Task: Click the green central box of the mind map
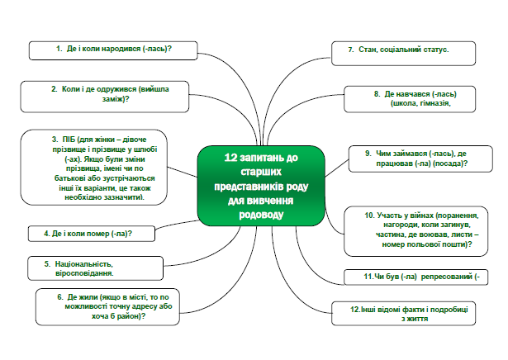pyautogui.click(x=261, y=186)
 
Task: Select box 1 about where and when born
pyautogui.click(x=113, y=50)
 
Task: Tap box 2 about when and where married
pyautogui.click(x=105, y=97)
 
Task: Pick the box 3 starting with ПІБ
pyautogui.click(x=94, y=168)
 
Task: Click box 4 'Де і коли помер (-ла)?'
pyautogui.click(x=92, y=234)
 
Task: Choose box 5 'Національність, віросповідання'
pyautogui.click(x=95, y=268)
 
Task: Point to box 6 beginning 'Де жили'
pyautogui.click(x=107, y=306)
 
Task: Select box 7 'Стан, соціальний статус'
pyautogui.click(x=403, y=54)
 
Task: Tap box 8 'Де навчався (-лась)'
pyautogui.click(x=410, y=99)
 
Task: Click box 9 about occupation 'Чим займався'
pyautogui.click(x=420, y=159)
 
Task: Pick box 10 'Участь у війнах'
pyautogui.click(x=416, y=231)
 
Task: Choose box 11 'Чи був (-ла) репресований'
pyautogui.click(x=416, y=277)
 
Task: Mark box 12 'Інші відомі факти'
pyautogui.click(x=403, y=314)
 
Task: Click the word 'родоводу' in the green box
pyautogui.click(x=261, y=215)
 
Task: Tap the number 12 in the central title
pyautogui.click(x=230, y=158)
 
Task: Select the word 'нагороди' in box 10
pyautogui.click(x=398, y=225)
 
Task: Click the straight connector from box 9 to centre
pyautogui.click(x=337, y=168)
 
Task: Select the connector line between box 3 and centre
pyautogui.click(x=183, y=172)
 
